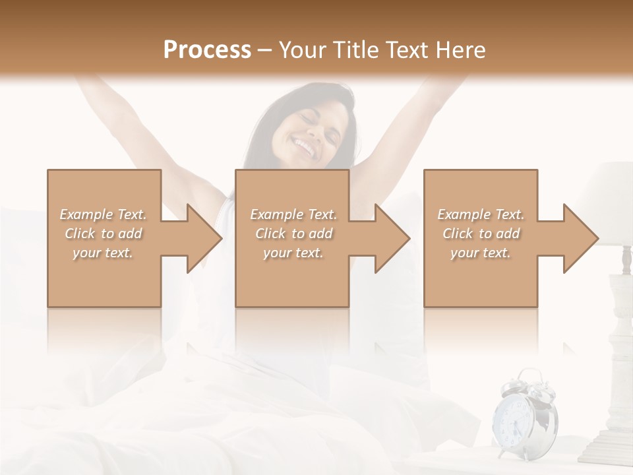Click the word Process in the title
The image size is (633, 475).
[x=207, y=50]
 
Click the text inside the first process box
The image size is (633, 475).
[x=104, y=234]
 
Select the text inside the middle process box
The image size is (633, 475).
[x=293, y=234]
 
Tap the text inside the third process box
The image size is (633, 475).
[x=481, y=234]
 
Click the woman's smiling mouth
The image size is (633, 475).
[x=305, y=146]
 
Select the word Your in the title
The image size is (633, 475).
[x=302, y=50]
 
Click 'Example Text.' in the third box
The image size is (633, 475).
[x=481, y=214]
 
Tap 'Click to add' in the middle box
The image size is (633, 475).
[x=293, y=234]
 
